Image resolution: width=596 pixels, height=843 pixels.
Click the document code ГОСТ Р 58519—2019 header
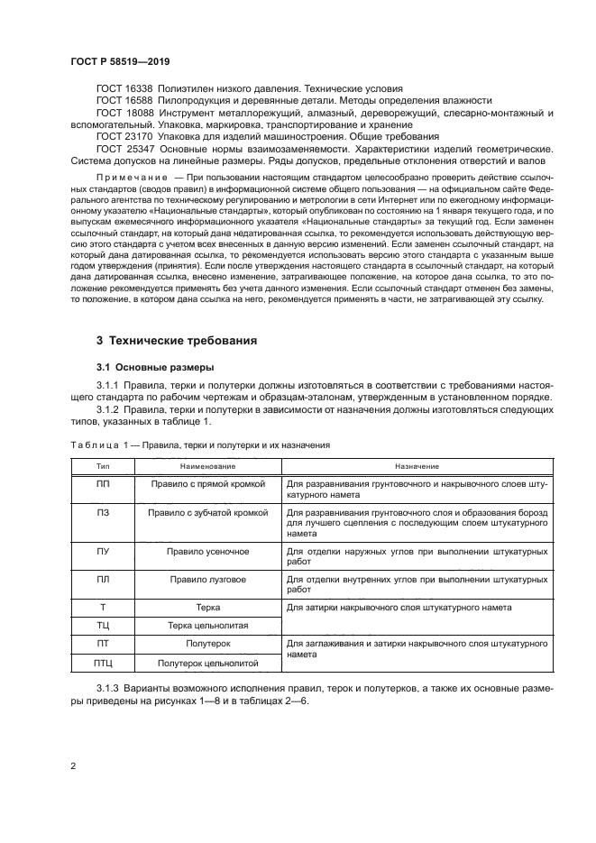click(120, 61)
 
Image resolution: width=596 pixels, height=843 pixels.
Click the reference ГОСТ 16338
click(125, 87)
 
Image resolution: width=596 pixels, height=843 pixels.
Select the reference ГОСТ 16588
click(125, 100)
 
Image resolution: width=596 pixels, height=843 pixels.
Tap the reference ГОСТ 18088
click(125, 113)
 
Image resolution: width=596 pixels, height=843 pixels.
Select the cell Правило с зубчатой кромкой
click(208, 512)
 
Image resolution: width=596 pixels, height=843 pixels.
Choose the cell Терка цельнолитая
click(208, 625)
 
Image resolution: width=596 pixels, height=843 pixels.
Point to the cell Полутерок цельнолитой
click(208, 663)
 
